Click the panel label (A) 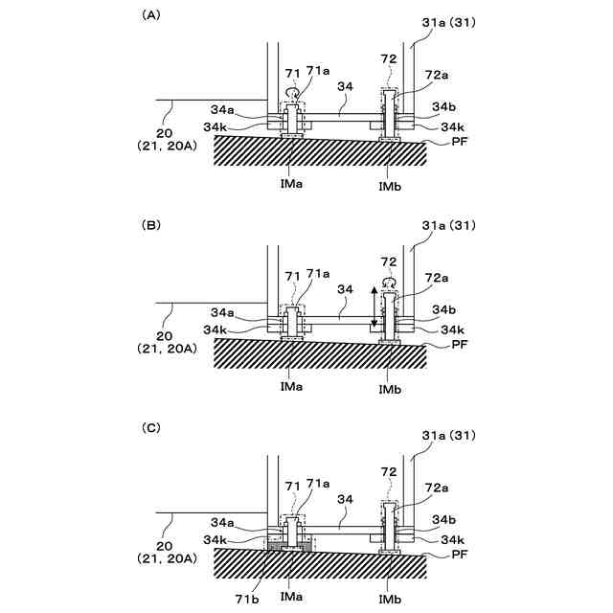tap(151, 15)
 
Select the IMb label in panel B tap(390, 388)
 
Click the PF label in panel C tap(460, 553)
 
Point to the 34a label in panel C tap(221, 522)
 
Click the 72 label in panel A tap(388, 58)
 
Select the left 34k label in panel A tap(216, 126)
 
